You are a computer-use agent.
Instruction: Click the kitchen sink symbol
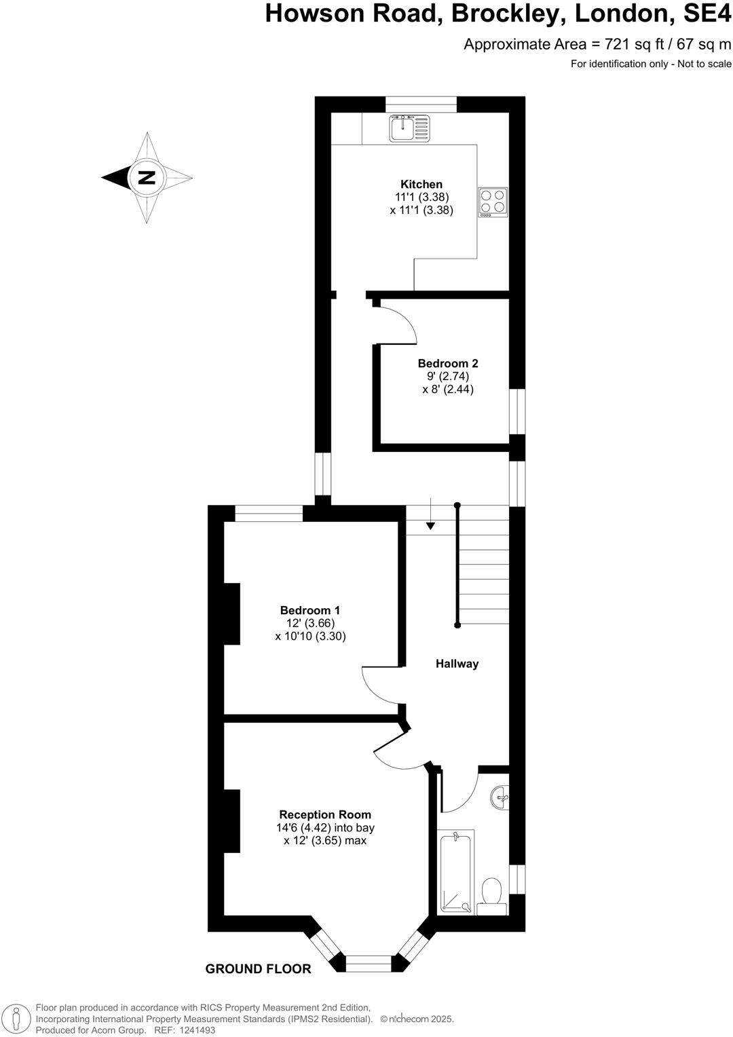tap(409, 128)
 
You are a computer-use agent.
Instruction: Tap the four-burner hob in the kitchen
tap(493, 202)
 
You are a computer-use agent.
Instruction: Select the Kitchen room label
tap(421, 184)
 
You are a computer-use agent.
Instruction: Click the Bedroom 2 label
tap(448, 363)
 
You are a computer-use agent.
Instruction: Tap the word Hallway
tap(457, 664)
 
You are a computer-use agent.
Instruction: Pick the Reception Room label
tap(325, 814)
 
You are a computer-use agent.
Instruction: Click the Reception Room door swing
tap(397, 753)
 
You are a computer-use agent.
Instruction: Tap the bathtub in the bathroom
tap(455, 872)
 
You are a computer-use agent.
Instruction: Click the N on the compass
tap(147, 178)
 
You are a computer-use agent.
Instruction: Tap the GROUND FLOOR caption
tap(258, 969)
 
